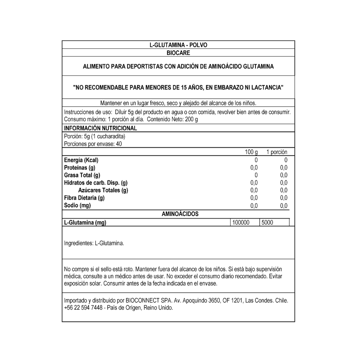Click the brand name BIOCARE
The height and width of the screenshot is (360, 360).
178,53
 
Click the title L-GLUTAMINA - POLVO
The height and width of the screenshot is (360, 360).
178,45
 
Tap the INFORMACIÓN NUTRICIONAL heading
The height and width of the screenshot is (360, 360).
100,128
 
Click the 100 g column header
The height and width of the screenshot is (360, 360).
251,152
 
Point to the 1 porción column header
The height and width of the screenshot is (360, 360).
277,152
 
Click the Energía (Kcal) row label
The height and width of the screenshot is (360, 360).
81,160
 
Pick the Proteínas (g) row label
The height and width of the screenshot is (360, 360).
79,168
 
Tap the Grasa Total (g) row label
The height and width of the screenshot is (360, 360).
82,175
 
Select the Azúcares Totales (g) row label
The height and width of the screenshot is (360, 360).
103,190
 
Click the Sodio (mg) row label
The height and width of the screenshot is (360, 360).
77,205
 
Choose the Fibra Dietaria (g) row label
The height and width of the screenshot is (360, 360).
84,198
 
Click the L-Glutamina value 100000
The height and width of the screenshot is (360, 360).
241,223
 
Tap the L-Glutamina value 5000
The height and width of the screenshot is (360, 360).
267,223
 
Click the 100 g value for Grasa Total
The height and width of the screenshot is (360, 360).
256,175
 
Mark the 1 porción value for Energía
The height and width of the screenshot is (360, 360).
286,160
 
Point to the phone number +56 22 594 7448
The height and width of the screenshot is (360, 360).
83,308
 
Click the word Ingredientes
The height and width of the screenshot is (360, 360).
78,243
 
